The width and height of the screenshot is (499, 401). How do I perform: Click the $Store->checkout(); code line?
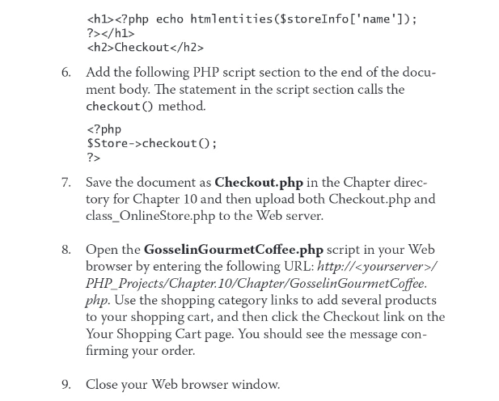pos(151,143)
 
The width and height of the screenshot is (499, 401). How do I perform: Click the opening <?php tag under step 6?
pos(104,129)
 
